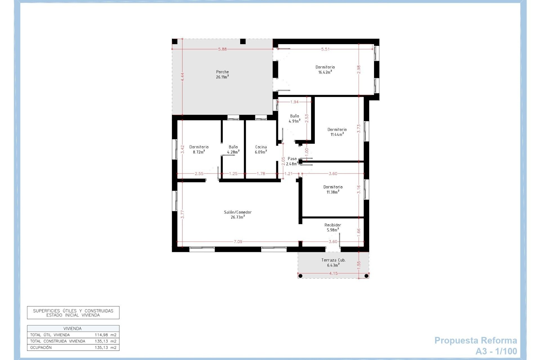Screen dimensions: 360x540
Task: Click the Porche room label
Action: click(222, 72)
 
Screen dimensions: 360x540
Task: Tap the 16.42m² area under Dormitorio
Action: click(325, 72)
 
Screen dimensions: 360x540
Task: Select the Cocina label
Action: click(261, 147)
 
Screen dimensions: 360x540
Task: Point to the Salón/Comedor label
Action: click(238, 212)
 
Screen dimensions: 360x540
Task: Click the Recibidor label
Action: click(333, 225)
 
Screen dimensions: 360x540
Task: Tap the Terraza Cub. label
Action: click(333, 260)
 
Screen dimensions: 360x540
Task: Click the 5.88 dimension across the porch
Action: click(222, 49)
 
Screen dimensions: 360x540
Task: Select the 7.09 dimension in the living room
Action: click(238, 242)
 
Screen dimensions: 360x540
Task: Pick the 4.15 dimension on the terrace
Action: click(333, 273)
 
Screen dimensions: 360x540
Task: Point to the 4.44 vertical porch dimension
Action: click(182, 77)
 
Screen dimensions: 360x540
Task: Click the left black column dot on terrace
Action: click(300, 276)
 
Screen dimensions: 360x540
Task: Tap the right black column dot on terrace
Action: click(366, 276)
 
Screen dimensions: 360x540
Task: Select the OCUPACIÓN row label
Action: click(41, 348)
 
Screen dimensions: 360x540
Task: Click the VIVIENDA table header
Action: click(73, 328)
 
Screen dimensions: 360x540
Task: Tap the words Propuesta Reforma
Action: click(476, 341)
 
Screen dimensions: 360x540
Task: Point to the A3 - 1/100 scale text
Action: click(496, 351)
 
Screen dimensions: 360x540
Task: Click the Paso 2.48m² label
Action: click(292, 161)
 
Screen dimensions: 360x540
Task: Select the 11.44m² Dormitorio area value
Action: click(337, 134)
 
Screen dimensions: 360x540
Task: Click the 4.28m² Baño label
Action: click(233, 152)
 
